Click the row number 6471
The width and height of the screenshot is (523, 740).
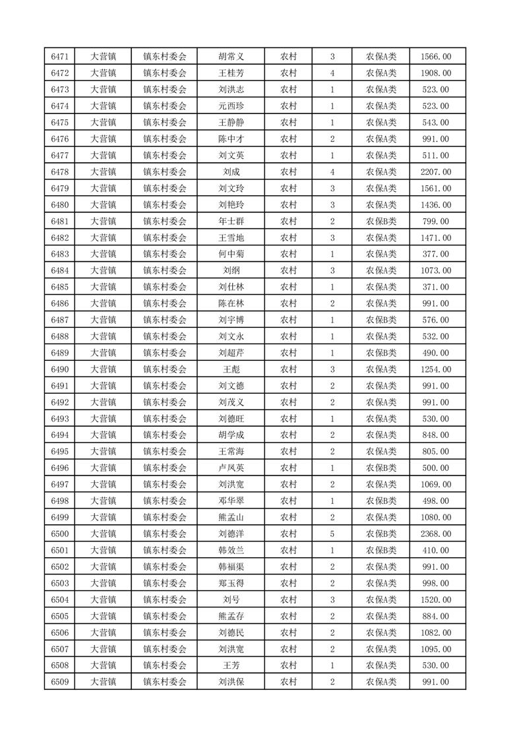59,57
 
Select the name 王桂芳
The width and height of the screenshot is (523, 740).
231,73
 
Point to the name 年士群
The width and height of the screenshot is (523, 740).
231,222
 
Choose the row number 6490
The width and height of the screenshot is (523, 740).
59,369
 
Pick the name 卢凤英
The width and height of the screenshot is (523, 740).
231,468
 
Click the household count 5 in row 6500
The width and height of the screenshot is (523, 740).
332,534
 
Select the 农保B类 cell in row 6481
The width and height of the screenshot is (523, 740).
381,222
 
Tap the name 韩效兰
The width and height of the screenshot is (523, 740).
231,551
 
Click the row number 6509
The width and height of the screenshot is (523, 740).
59,682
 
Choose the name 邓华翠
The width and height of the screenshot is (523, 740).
231,501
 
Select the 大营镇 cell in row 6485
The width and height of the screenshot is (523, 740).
103,288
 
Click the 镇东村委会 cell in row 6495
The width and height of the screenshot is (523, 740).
165,452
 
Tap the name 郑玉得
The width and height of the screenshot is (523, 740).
231,583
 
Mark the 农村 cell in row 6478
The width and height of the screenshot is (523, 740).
288,172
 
